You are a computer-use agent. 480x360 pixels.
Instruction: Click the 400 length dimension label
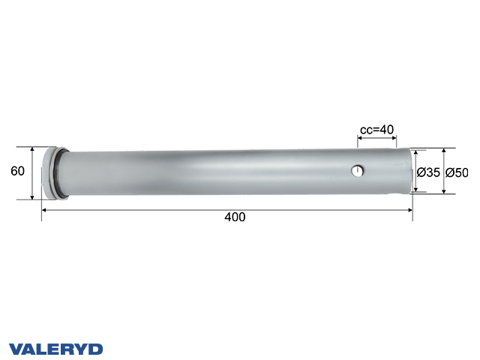tap(235, 217)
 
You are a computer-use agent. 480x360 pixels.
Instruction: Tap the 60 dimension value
tap(18, 171)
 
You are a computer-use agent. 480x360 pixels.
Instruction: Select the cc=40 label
tap(376, 130)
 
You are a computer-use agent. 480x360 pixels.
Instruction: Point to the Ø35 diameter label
tap(428, 172)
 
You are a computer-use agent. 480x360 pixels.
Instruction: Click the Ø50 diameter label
tap(457, 172)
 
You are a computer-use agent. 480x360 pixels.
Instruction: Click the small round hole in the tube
tap(358, 172)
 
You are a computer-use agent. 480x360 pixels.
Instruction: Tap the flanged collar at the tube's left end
tap(53, 172)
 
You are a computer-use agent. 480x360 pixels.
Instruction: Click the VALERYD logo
tap(55, 349)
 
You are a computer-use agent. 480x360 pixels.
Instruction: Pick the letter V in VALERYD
tap(15, 349)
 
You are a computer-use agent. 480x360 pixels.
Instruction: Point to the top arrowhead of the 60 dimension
tap(32, 148)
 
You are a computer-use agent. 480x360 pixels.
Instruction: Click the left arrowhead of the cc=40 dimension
tap(361, 139)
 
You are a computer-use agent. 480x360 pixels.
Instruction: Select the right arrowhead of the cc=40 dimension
tap(394, 139)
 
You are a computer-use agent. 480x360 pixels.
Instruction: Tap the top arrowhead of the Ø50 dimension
tap(444, 150)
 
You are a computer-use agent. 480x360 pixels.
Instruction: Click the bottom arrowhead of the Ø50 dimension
tap(444, 191)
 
